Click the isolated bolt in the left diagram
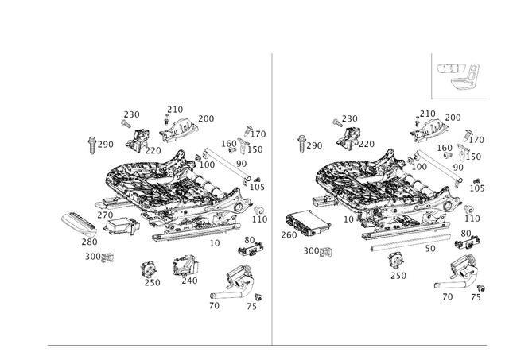click(91, 144)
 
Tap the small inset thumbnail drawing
click(459, 76)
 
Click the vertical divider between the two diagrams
click(272, 199)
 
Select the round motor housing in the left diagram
click(239, 280)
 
